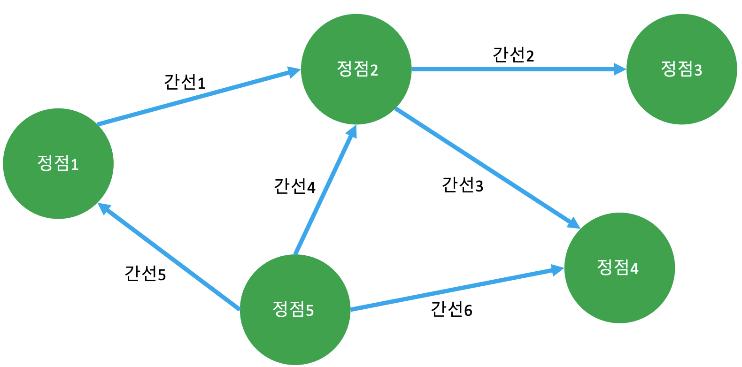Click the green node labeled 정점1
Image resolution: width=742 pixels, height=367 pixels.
58,163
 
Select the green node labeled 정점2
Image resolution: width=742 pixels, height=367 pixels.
356,69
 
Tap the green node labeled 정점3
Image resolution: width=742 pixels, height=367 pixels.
681,69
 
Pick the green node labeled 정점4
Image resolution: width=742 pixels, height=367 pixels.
619,268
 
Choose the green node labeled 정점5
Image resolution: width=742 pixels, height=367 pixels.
295,310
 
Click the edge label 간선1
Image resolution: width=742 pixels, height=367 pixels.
185,82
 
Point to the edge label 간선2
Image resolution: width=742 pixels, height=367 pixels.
513,55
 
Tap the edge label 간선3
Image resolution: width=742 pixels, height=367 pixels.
463,185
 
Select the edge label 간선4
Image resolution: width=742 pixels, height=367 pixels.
294,186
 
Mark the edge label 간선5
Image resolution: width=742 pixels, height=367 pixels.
145,273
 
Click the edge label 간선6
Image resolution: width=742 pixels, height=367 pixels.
451,309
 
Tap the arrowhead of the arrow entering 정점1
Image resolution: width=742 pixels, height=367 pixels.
104,209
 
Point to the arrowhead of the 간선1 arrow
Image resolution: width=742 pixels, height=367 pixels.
294,72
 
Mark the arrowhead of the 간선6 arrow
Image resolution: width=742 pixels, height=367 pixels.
558,270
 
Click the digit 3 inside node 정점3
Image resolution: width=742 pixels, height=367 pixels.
698,70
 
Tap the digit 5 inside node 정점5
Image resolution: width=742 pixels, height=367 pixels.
309,311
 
